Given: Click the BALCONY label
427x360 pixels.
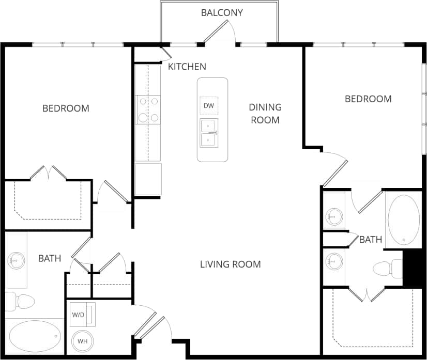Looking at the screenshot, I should coord(222,12).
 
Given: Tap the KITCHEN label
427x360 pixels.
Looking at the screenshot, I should coord(187,67).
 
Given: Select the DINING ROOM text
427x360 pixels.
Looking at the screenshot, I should coord(265,114).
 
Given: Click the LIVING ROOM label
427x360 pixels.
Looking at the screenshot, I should coord(231,264).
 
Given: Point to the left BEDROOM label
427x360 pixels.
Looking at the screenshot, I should coord(66,108).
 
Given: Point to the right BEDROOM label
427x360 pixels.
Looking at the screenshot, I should coord(368,99).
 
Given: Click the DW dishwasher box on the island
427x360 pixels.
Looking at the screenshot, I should coord(209,106).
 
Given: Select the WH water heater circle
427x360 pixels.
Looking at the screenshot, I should coord(82,341).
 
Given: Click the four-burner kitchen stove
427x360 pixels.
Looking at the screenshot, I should coord(148,110).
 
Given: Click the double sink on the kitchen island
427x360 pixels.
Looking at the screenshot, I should coord(209,133).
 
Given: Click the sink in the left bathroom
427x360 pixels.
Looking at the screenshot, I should coord(16,260).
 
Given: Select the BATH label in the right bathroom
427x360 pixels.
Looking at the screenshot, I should coord(371,240).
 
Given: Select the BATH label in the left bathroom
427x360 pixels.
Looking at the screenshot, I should coord(50,258).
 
